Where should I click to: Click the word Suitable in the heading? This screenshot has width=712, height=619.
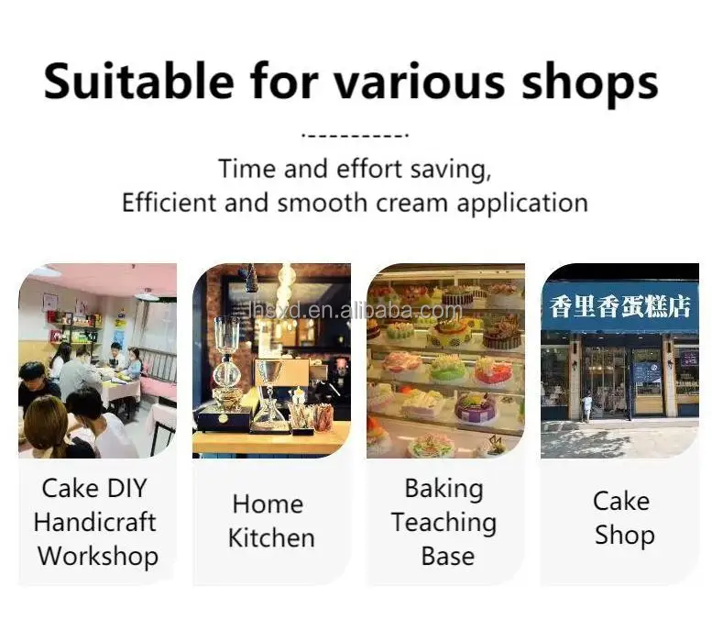pos(139,82)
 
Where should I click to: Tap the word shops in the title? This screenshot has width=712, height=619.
pos(589,84)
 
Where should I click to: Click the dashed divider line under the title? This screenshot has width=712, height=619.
pos(356,135)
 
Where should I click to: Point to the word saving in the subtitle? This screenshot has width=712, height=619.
pos(451,170)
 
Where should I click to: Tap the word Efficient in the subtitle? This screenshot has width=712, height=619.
pos(168,203)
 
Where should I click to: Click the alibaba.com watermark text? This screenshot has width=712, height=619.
pos(356,310)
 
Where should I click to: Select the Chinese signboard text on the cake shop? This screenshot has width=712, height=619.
pos(620,306)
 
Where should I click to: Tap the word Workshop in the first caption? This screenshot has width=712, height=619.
pos(98,557)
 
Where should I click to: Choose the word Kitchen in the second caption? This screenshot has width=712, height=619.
pos(271,538)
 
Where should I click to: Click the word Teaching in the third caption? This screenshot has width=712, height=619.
pos(444,523)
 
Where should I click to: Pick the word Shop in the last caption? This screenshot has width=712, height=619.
pos(625,536)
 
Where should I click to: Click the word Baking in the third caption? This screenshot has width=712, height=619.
pos(444,489)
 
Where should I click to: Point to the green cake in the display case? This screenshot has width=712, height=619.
pos(448,367)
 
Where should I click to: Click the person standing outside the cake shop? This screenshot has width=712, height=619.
pos(586,407)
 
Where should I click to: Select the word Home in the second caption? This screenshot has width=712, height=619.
pos(268,504)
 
